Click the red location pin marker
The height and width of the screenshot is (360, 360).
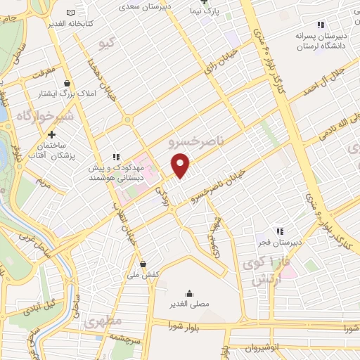click(181, 165)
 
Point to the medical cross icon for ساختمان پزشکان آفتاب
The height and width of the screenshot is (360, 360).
click(51, 134)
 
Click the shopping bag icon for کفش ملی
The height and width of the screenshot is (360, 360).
click(143, 264)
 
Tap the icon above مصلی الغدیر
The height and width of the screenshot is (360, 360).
click(189, 292)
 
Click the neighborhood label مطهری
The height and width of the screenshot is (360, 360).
click(104, 322)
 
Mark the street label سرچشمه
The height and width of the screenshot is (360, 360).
click(129, 339)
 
